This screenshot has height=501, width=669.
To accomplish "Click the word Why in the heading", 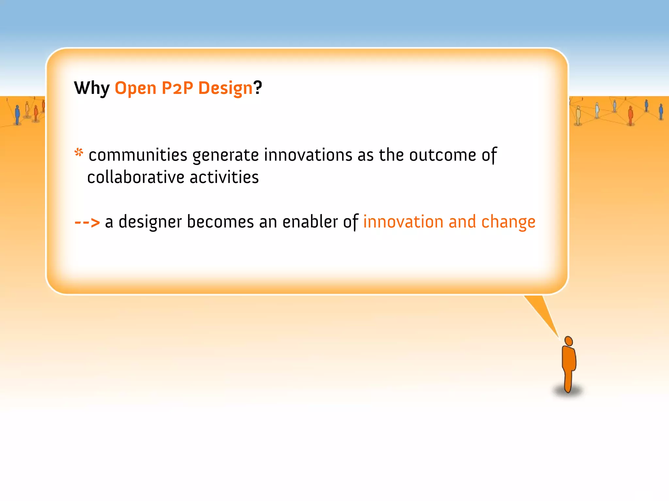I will point(92,88).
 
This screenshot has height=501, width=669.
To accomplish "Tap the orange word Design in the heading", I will point(225,88).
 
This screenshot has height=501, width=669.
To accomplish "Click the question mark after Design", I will point(258,87).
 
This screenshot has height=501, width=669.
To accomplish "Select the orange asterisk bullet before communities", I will point(79,152).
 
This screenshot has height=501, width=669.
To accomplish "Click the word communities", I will point(138,155).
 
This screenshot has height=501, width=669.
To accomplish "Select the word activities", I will point(224,177).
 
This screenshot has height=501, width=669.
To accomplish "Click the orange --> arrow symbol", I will point(87,222).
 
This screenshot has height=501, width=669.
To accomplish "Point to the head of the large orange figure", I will point(569,341).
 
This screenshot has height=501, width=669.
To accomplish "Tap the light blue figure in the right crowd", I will point(597,110).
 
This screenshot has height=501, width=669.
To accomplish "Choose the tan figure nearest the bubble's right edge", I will point(578,115).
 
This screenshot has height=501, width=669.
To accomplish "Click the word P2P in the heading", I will point(177,88).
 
